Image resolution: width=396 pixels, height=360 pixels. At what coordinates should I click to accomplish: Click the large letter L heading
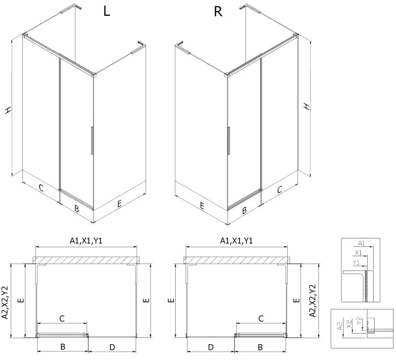tap(106, 12)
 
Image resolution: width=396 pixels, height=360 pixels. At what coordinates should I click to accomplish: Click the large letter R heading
tap(218, 12)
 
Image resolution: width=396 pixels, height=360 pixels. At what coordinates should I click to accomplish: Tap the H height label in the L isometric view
tap(8, 111)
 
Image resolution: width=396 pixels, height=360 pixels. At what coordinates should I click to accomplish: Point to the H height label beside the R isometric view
tap(307, 106)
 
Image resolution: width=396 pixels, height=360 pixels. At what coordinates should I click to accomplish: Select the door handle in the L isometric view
tap(92, 141)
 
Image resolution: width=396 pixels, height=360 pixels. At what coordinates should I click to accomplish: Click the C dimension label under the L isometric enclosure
tap(42, 188)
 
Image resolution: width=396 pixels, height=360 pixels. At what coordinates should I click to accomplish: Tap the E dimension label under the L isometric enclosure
tap(119, 203)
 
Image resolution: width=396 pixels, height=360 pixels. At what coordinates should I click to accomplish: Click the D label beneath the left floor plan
tap(112, 347)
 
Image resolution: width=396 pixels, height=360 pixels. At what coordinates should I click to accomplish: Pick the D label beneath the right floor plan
tap(210, 347)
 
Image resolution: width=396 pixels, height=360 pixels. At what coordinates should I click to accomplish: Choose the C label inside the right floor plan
tap(261, 319)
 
